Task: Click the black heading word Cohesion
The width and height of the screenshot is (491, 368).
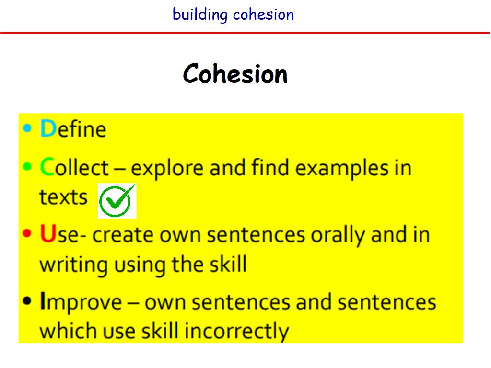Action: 235,74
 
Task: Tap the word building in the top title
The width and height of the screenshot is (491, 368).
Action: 200,15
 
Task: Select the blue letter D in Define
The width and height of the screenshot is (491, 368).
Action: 48,128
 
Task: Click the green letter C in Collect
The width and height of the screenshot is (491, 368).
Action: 47,167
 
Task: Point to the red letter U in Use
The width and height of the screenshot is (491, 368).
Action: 48,234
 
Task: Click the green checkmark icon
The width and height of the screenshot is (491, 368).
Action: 117,201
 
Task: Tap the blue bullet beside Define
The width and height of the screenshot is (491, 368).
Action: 27,128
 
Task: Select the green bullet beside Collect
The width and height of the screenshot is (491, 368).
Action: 27,166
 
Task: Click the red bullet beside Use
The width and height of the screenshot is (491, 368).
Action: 27,233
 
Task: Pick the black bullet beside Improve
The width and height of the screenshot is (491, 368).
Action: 27,300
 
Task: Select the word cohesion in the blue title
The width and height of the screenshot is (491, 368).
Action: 264,15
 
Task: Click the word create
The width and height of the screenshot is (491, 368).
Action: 123,235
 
